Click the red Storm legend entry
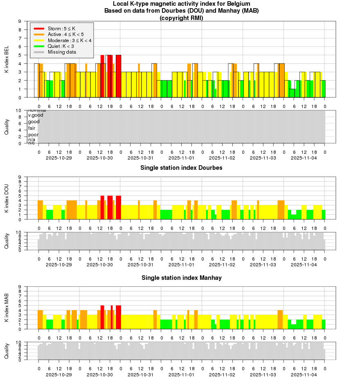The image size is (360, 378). (59, 28)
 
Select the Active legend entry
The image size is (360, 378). (60, 34)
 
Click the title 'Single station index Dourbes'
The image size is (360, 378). (181, 168)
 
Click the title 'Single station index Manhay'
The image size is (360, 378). (181, 278)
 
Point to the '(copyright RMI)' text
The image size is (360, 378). (181, 18)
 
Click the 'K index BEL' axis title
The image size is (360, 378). (7, 60)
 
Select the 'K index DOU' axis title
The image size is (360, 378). (7, 198)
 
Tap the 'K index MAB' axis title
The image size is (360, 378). (7, 308)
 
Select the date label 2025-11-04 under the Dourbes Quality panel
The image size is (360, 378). (304, 265)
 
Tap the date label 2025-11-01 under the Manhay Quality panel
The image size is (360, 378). (182, 374)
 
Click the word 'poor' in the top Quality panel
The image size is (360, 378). (34, 135)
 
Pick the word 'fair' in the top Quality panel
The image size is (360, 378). (32, 128)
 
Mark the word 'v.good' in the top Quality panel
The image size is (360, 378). (35, 115)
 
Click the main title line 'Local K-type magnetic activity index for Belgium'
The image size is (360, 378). (181, 4)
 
